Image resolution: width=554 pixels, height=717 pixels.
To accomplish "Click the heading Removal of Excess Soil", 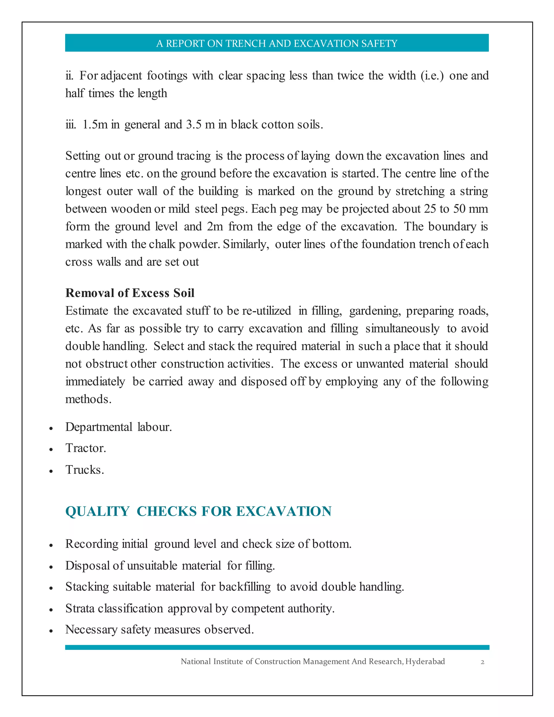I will pos(130,293).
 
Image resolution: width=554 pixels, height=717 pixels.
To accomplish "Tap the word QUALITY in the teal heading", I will pos(97,511).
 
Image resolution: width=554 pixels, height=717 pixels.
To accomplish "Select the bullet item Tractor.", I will pos(86,448).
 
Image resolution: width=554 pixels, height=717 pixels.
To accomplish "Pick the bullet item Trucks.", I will pos(85,470).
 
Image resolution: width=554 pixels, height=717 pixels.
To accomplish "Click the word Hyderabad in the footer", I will pos(425,661).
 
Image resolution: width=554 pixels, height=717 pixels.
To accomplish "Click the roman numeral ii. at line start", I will pos(69,76).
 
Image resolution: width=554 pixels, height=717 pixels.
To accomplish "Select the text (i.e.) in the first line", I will pos(432,76).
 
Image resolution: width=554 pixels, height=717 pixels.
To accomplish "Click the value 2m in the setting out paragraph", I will pos(215,226).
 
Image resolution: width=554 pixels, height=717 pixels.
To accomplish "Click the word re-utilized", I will pos(266,311).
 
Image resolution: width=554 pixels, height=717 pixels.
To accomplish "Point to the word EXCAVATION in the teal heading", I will pos(284,511).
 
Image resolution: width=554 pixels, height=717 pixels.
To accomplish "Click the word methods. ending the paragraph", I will pos(88,399).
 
